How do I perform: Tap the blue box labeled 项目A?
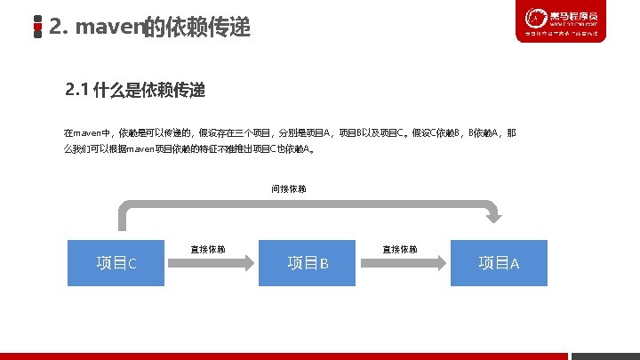click(x=499, y=262)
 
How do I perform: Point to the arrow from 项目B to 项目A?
click(x=403, y=261)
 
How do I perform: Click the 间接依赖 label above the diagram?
click(x=289, y=189)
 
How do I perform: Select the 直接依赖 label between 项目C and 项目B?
click(x=208, y=249)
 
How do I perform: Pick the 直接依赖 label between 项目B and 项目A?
click(x=400, y=249)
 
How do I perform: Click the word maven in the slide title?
click(x=108, y=28)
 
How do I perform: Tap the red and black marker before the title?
click(x=37, y=28)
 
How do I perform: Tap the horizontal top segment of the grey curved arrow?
click(x=302, y=207)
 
